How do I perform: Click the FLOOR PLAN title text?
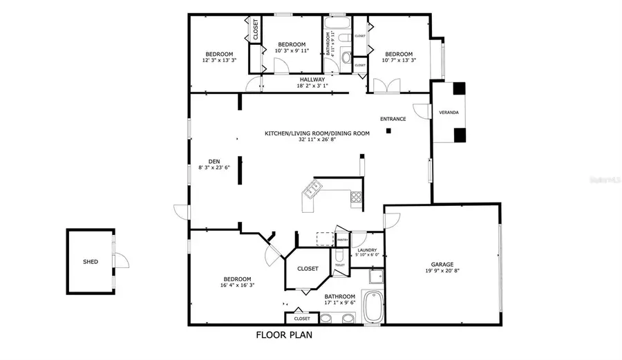[284, 336]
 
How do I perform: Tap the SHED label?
[90, 262]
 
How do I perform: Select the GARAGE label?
[442, 264]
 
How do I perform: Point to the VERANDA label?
[448, 112]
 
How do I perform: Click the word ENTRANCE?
[393, 119]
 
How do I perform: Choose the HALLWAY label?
[312, 79]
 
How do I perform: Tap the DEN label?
[204, 160]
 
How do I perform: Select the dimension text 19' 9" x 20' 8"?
[442, 271]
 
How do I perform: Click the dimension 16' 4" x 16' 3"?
[238, 285]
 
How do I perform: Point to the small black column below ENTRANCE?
[388, 130]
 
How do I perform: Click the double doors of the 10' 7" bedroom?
[386, 86]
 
